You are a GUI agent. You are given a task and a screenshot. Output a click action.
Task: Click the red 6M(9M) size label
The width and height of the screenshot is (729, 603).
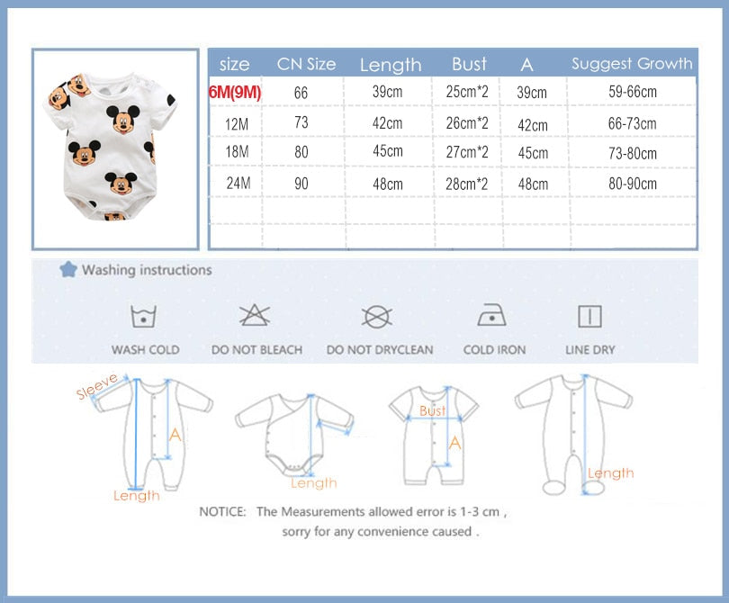click(235, 92)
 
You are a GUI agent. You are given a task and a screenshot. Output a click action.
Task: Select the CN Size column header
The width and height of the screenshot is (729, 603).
click(306, 64)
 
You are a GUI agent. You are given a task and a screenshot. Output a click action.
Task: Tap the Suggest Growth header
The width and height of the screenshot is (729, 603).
click(633, 63)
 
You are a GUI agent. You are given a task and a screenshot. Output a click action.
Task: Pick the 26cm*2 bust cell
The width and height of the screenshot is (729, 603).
click(467, 123)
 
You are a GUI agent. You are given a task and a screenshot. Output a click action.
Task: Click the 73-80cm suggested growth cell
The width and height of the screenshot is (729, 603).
click(633, 153)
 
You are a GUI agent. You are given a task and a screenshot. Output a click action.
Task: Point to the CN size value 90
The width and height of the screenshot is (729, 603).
click(301, 184)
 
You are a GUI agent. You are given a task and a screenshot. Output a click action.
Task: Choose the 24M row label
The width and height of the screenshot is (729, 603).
click(238, 184)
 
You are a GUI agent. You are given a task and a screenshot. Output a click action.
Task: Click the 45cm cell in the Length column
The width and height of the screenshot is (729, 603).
click(388, 151)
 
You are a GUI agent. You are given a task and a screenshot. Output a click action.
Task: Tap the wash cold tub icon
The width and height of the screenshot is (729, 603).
click(144, 317)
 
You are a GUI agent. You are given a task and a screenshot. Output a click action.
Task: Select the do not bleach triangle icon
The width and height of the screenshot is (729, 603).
click(255, 315)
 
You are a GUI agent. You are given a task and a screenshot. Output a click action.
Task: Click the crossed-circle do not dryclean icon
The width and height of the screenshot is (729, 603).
click(377, 317)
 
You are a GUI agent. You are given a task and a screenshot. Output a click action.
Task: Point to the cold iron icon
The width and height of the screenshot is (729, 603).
click(492, 315)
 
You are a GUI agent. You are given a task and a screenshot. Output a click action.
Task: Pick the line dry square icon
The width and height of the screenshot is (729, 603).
click(590, 317)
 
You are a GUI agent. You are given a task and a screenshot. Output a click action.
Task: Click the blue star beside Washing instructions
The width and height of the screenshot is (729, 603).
click(68, 269)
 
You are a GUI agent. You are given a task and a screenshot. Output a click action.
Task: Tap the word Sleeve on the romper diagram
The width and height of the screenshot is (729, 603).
click(96, 386)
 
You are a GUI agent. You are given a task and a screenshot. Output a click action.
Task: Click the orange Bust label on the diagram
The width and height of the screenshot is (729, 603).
click(432, 410)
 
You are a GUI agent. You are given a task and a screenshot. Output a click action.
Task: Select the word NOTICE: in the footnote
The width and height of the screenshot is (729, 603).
click(222, 512)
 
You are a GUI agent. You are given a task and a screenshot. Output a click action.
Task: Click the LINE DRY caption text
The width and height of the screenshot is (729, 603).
click(590, 349)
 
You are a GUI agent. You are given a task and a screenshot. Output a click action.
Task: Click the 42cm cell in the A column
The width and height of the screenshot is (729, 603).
click(533, 125)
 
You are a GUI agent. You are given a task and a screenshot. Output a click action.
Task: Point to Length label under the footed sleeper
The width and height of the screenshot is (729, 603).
click(611, 473)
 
